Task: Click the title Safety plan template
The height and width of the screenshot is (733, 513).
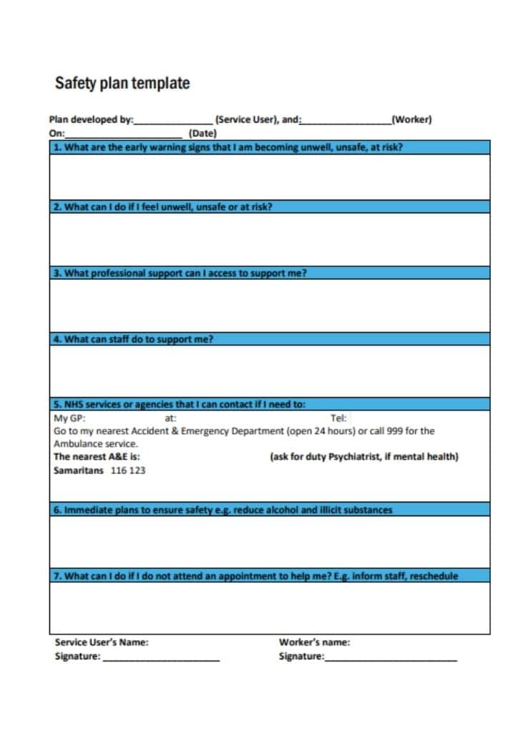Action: pos(122,83)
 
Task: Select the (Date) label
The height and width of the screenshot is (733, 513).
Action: pos(202,133)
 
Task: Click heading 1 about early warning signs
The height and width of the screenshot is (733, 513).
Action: pos(228,147)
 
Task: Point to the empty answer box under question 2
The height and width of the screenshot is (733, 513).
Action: pos(270,239)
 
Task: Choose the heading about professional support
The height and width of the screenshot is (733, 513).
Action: pos(180,273)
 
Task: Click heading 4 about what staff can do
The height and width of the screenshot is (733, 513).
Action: pos(133,339)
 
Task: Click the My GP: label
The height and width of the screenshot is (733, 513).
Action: pos(69,418)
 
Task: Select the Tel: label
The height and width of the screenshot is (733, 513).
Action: pos(338,418)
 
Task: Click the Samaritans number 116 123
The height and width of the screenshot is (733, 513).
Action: pos(128,470)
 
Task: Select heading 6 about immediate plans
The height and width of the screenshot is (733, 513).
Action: pos(223,510)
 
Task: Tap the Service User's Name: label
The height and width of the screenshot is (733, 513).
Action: pos(102,642)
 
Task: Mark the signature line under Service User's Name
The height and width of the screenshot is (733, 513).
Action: pos(161,659)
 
